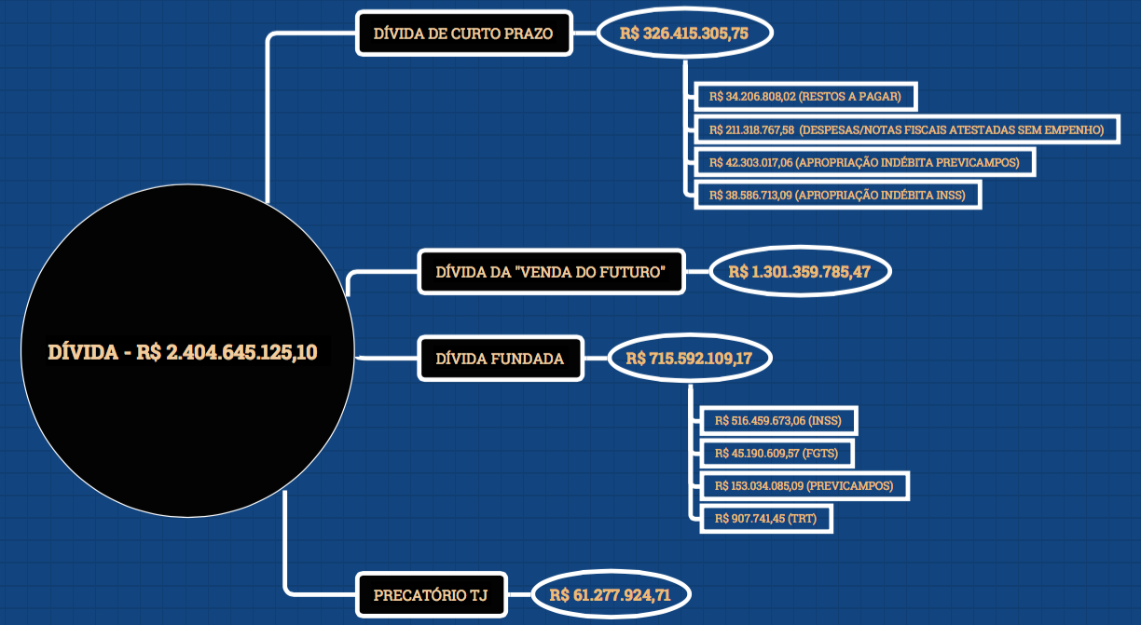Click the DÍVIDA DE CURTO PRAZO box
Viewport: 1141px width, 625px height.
click(x=463, y=34)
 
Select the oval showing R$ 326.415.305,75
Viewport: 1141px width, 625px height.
click(x=684, y=34)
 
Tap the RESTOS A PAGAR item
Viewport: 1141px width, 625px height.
click(x=805, y=96)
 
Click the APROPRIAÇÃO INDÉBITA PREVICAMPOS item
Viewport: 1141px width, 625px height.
click(x=864, y=162)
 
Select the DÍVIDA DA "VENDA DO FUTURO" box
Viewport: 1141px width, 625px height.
click(x=551, y=272)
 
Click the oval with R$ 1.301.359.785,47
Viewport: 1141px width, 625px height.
click(x=799, y=272)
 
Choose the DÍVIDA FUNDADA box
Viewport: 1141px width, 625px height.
click(x=501, y=359)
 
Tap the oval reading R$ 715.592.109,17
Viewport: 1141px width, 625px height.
click(x=689, y=359)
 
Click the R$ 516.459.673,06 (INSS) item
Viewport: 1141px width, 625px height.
click(x=777, y=420)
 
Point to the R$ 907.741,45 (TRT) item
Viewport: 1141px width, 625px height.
click(x=764, y=518)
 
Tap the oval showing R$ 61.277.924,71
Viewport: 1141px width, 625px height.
click(x=610, y=594)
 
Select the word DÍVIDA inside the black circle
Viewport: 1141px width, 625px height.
click(x=82, y=352)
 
